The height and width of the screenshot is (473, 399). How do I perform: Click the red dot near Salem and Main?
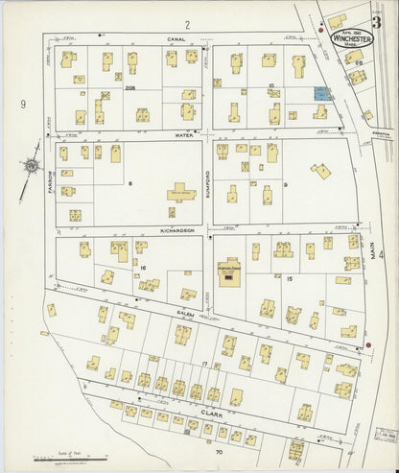(368, 346)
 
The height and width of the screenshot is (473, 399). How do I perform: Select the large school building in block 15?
(230, 273)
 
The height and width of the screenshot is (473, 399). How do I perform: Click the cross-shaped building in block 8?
(178, 192)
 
